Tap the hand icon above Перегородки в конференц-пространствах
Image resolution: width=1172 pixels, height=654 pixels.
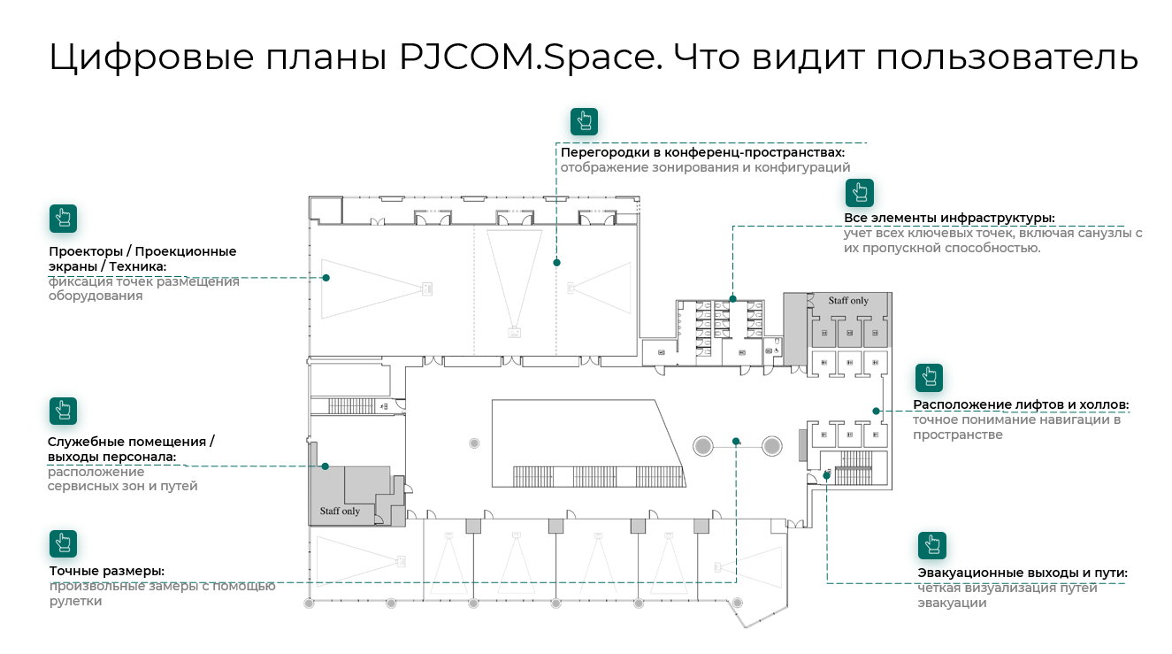584,121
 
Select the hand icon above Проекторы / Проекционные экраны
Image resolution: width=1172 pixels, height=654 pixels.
63,218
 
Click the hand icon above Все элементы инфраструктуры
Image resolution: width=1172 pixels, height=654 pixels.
859,192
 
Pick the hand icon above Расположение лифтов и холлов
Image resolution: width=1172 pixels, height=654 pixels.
929,377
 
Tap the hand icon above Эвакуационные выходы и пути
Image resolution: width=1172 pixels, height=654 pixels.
931,545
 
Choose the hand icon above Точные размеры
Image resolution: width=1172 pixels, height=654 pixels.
63,543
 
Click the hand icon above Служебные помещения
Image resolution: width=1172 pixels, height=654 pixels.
63,411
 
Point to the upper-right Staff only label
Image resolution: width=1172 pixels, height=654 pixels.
848,301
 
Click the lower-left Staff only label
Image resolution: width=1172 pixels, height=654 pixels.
340,512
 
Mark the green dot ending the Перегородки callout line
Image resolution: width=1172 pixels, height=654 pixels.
556,262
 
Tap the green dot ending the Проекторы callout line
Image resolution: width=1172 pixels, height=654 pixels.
326,278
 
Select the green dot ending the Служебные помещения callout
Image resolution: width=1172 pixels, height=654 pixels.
325,465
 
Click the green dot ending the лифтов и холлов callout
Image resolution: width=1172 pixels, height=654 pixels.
876,411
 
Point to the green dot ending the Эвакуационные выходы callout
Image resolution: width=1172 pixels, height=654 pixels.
827,475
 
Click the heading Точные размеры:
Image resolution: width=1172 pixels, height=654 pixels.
107,571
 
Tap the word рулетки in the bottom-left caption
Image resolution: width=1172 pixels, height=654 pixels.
75,602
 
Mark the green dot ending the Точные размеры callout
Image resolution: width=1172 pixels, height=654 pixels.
736,440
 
